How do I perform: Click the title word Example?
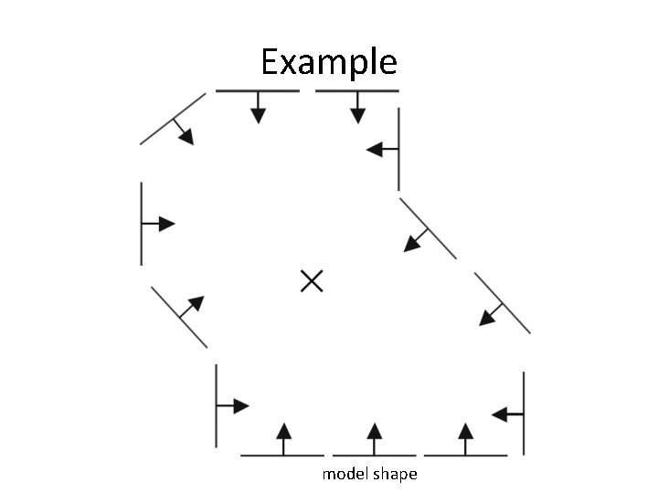(x=328, y=63)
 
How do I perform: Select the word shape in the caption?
(x=396, y=475)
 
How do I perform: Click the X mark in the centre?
(x=312, y=281)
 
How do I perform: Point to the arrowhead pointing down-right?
(x=186, y=136)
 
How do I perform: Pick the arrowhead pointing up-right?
(x=195, y=304)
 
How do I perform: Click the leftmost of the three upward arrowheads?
(x=283, y=431)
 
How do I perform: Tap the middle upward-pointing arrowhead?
(x=373, y=431)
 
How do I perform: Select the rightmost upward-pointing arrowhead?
(x=465, y=431)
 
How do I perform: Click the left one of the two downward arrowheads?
(x=259, y=115)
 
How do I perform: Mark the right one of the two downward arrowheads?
(x=357, y=115)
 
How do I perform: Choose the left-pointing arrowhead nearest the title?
(x=375, y=150)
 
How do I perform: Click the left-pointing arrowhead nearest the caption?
(x=500, y=414)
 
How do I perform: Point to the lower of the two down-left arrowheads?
(x=486, y=317)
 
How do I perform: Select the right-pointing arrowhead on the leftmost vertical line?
(x=166, y=224)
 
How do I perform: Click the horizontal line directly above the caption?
(x=373, y=455)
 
